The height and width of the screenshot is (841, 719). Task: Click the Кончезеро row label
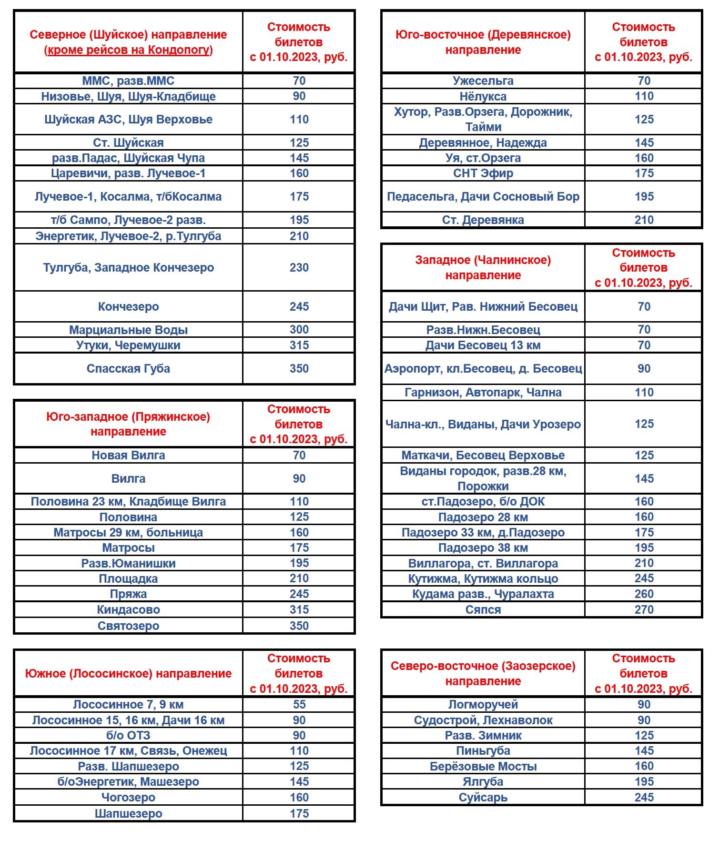[x=128, y=306]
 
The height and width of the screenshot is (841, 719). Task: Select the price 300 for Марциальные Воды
[x=299, y=329]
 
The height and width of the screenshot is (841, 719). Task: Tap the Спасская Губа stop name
[x=128, y=368]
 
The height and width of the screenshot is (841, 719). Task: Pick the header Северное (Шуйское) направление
[x=128, y=34]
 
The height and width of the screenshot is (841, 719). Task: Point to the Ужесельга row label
[x=483, y=81]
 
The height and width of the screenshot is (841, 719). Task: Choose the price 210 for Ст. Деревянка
[x=644, y=220]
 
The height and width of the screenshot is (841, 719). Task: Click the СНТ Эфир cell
[x=483, y=173]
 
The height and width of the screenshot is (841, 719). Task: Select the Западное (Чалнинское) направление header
[x=483, y=267]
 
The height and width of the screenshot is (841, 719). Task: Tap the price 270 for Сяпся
[x=644, y=609]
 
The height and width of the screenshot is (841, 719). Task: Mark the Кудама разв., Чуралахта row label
[x=483, y=594]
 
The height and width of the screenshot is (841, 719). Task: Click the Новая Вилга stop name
[x=128, y=455]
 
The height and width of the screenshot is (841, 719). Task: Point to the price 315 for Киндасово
[x=299, y=609]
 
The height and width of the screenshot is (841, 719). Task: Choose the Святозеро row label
[x=128, y=626]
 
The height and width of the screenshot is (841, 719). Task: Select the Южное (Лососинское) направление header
[x=128, y=673]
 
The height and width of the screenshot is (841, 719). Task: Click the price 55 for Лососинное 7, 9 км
[x=299, y=704]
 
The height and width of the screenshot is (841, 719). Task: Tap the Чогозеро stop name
[x=128, y=797]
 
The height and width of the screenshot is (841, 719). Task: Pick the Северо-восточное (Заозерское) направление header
[x=483, y=673]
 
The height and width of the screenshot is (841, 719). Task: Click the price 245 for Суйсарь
[x=644, y=797]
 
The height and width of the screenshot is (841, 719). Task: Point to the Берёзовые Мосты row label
[x=483, y=766]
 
